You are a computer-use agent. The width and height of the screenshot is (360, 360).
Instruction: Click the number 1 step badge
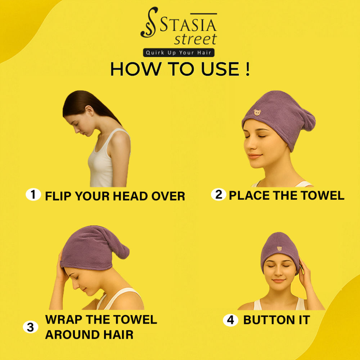[x=33, y=194]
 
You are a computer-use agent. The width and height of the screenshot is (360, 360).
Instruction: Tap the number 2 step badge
[x=219, y=194]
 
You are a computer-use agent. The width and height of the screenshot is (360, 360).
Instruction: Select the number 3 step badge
[x=31, y=327]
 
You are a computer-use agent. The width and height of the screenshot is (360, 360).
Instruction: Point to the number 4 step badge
[x=230, y=320]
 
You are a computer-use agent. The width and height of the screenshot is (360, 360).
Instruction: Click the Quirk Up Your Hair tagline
[x=179, y=53]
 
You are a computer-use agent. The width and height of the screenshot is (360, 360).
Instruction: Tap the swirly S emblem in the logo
[x=149, y=22]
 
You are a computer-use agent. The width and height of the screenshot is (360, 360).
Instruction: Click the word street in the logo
[x=195, y=39]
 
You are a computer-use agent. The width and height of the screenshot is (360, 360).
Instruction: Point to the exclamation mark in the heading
[x=247, y=69]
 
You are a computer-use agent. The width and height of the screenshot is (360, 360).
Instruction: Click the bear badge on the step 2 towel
[x=257, y=112]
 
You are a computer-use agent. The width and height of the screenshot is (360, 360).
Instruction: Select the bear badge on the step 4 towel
[x=279, y=248]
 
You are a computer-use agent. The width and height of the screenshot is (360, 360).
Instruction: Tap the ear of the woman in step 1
[x=89, y=111]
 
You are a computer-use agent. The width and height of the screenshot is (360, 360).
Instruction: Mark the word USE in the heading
[x=220, y=69]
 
